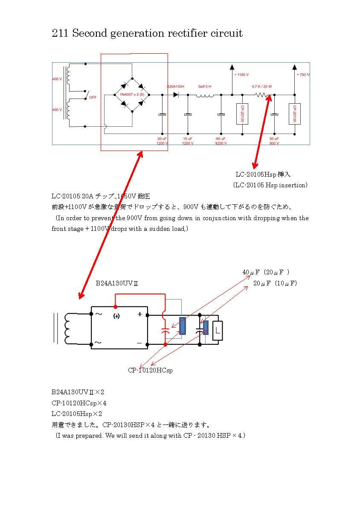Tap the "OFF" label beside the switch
click(x=93, y=97)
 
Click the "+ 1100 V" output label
click(x=241, y=75)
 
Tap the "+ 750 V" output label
click(x=303, y=75)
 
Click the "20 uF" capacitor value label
click(x=162, y=139)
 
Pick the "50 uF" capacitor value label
click(x=274, y=139)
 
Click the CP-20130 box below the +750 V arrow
click(x=292, y=114)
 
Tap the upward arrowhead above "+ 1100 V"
click(x=232, y=67)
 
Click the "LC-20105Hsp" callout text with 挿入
click(x=263, y=175)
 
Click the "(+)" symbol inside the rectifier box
click(x=116, y=316)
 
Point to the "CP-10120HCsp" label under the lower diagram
click(x=150, y=370)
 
